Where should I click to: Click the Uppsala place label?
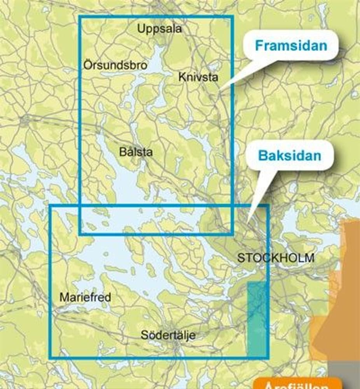coord(159,29)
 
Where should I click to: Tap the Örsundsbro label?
coord(115,65)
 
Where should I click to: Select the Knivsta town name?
coord(198,77)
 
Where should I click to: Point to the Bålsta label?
coord(136,152)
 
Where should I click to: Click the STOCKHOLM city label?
coord(276,258)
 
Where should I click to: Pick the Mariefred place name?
coord(85,298)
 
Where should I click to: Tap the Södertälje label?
coord(168,335)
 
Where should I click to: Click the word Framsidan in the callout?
coord(291,46)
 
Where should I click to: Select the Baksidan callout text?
coord(290,156)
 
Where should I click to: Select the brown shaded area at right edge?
coord(344,288)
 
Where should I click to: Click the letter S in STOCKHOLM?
coord(241,258)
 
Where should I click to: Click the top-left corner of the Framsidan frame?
coord(80,16)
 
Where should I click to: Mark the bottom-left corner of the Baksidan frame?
coord(50,357)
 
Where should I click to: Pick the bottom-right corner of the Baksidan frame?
coord(268,357)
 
